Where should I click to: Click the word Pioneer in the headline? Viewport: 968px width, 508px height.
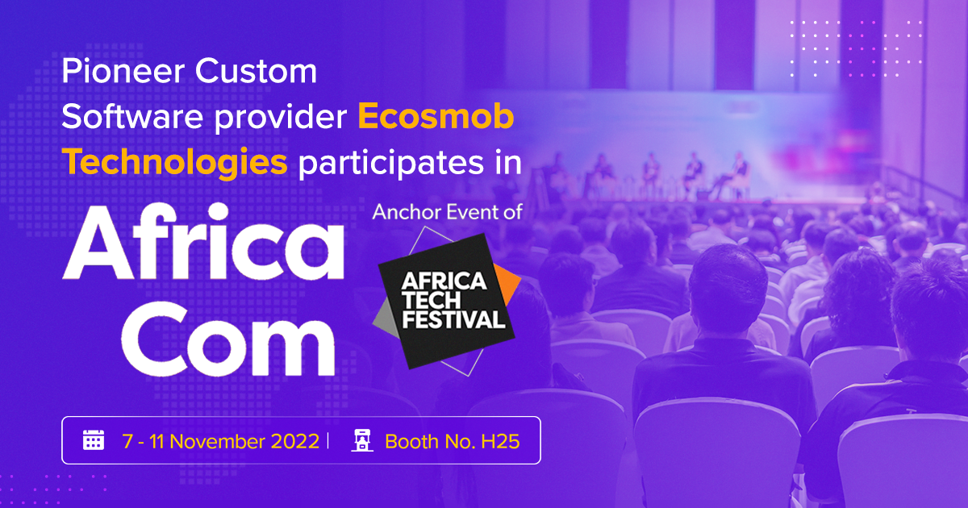click(123, 71)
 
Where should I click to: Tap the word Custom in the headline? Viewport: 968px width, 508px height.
click(257, 71)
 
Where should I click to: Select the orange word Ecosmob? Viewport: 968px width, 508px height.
click(436, 117)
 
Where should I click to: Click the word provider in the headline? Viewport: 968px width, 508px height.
click(281, 118)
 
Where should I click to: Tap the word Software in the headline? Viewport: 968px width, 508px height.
click(132, 117)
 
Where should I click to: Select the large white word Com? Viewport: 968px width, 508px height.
click(228, 339)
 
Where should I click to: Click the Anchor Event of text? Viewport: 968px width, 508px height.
click(447, 212)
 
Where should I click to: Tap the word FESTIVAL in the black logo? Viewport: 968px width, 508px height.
click(453, 319)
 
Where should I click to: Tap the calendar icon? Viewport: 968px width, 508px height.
click(94, 440)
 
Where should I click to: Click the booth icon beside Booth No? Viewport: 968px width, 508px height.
click(361, 440)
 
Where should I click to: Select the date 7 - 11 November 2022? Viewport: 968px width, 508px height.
click(221, 441)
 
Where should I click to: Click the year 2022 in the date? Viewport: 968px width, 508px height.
click(295, 441)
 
